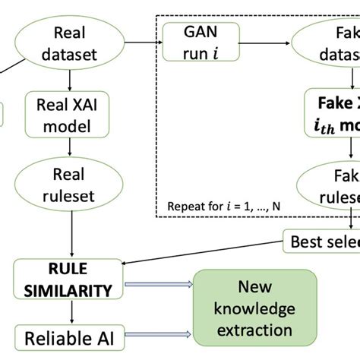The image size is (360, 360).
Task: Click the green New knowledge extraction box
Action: (x=255, y=308)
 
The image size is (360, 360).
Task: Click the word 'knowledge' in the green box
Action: (x=255, y=309)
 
